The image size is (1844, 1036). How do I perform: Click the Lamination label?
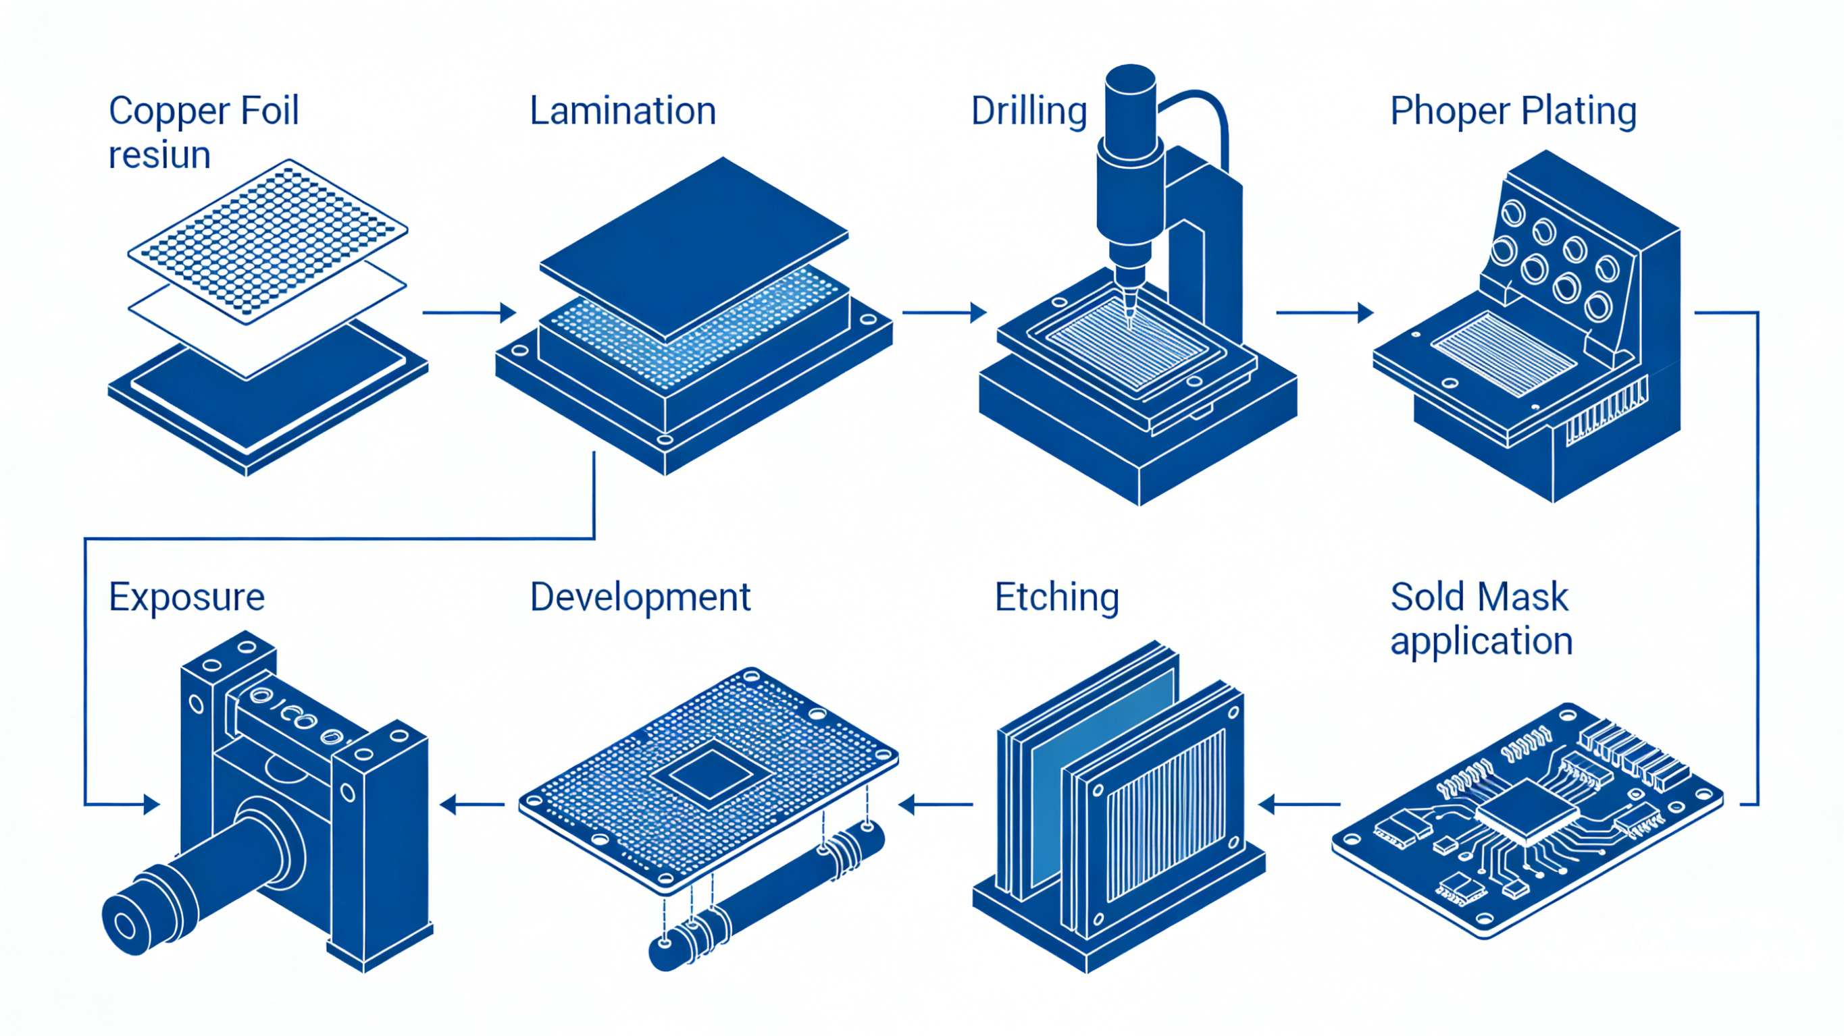click(623, 111)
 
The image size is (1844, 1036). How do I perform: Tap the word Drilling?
click(1029, 112)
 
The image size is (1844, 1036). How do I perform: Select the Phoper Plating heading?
click(1512, 112)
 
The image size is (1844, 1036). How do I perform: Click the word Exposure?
click(187, 597)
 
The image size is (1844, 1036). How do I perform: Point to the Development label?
click(640, 597)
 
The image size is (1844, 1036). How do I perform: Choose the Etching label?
click(1056, 597)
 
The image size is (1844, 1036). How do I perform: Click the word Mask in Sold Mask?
click(1522, 597)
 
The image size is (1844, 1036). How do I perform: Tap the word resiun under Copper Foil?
click(159, 155)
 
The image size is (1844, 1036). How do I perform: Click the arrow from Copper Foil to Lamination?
click(469, 312)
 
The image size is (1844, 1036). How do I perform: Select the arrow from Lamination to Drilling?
click(944, 312)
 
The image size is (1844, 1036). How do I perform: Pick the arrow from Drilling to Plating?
click(1325, 312)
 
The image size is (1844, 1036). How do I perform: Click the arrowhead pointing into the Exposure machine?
click(151, 805)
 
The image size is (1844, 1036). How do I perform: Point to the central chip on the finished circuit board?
click(1527, 810)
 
